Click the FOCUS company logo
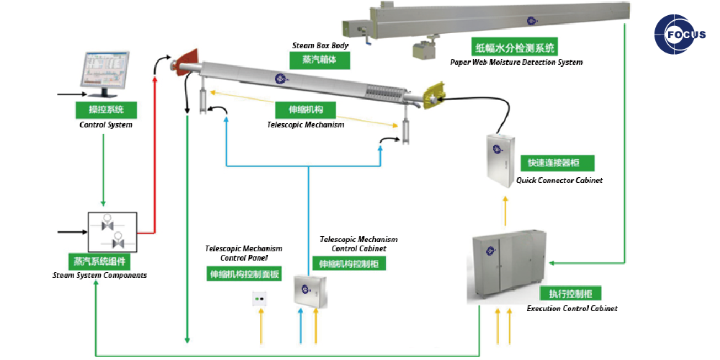tap(680, 34)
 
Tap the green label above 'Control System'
tap(107, 110)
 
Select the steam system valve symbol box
tap(112, 232)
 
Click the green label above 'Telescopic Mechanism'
tap(306, 110)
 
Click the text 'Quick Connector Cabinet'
tap(559, 180)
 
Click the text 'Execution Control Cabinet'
tap(572, 308)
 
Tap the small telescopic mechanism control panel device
tap(260, 297)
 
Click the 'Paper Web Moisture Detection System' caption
tap(516, 63)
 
